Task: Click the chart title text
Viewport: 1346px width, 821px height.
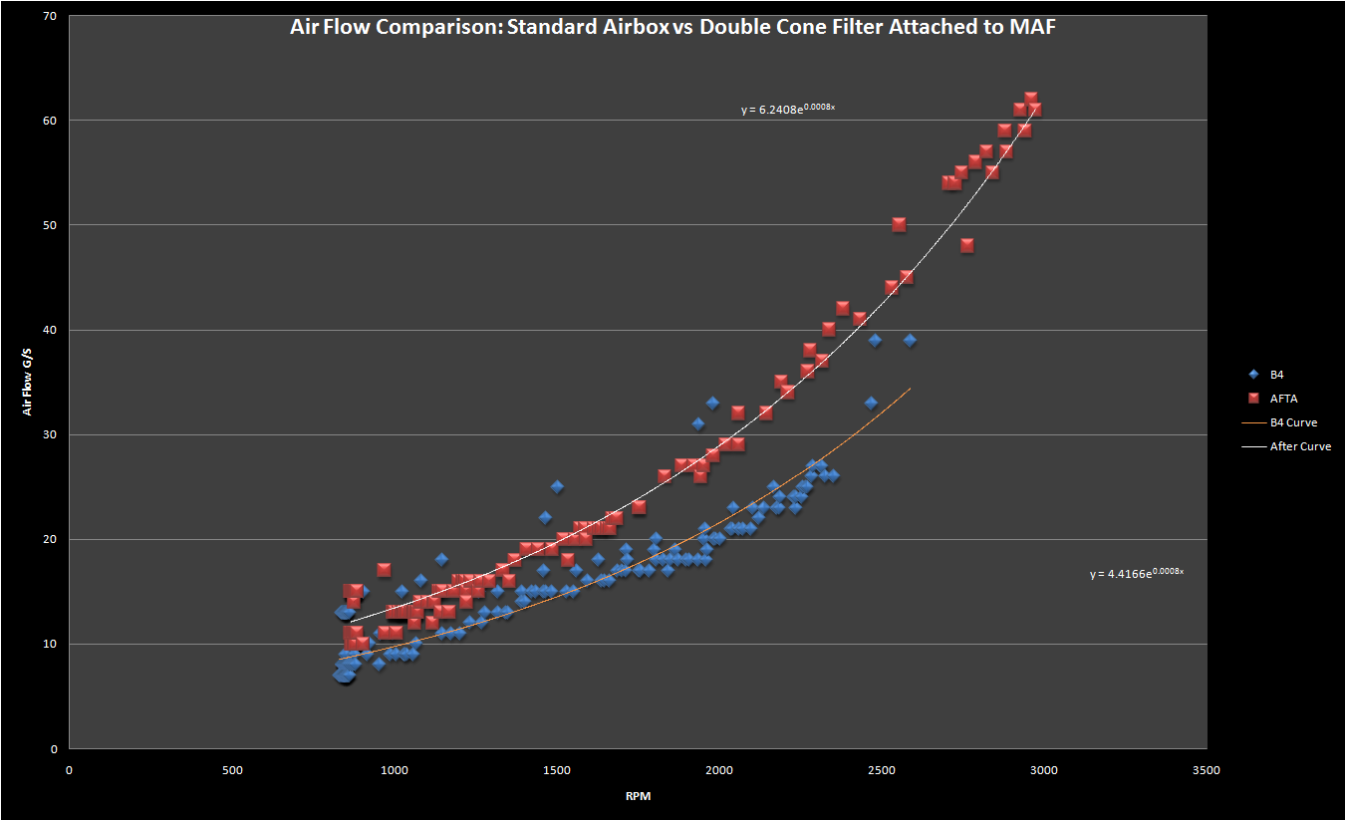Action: click(x=673, y=27)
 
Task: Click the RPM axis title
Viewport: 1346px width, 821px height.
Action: click(x=637, y=797)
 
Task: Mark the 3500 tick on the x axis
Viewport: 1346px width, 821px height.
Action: click(x=1206, y=770)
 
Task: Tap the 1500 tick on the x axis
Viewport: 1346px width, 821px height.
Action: click(x=556, y=770)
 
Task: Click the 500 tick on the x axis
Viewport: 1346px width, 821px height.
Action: click(x=231, y=770)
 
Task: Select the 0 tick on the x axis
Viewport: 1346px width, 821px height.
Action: click(x=69, y=770)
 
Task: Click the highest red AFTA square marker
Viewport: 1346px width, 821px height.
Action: click(x=1031, y=99)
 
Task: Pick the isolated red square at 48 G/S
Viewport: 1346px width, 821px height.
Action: click(x=966, y=246)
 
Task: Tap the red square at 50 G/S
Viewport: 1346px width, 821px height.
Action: click(x=899, y=224)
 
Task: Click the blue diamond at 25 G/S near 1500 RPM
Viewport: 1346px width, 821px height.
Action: click(x=557, y=486)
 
